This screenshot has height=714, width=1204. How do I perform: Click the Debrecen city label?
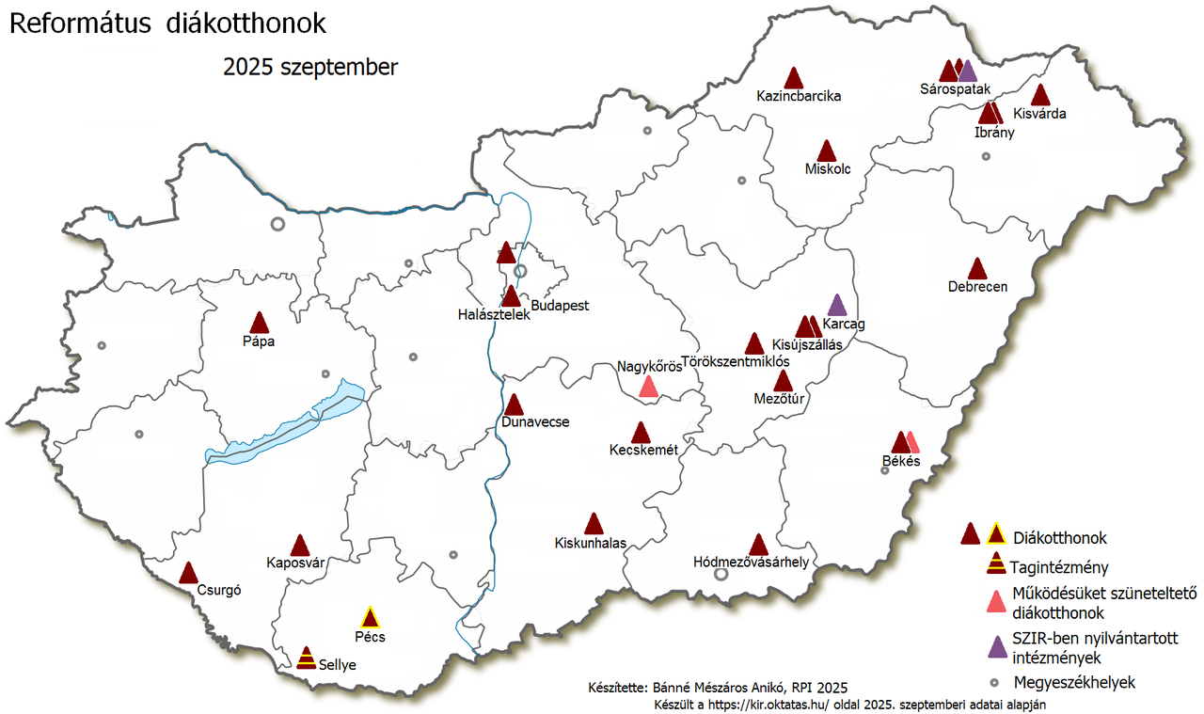tap(978, 287)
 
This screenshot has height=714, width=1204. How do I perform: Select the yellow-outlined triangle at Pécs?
tap(371, 618)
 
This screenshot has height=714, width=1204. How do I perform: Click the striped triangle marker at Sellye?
tap(306, 658)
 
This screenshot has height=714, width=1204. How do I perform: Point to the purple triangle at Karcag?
tap(836, 305)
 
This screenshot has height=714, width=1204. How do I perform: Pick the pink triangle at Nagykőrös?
tap(648, 387)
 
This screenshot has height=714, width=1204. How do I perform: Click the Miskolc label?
tap(828, 169)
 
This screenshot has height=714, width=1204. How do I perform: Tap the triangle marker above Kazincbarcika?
tap(795, 78)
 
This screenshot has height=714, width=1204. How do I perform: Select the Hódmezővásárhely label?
tap(751, 563)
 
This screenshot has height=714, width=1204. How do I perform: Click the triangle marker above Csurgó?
tap(189, 573)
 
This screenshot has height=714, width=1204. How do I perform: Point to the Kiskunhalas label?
tap(591, 543)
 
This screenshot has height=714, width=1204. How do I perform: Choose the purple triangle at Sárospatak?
tap(968, 71)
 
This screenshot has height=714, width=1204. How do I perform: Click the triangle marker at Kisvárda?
tap(1040, 95)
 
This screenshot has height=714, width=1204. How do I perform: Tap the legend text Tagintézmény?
tap(1059, 567)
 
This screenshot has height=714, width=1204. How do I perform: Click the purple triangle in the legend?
tap(995, 647)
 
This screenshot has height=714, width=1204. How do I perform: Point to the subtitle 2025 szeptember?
tap(310, 68)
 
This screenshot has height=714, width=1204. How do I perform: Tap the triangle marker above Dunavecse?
tap(514, 405)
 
